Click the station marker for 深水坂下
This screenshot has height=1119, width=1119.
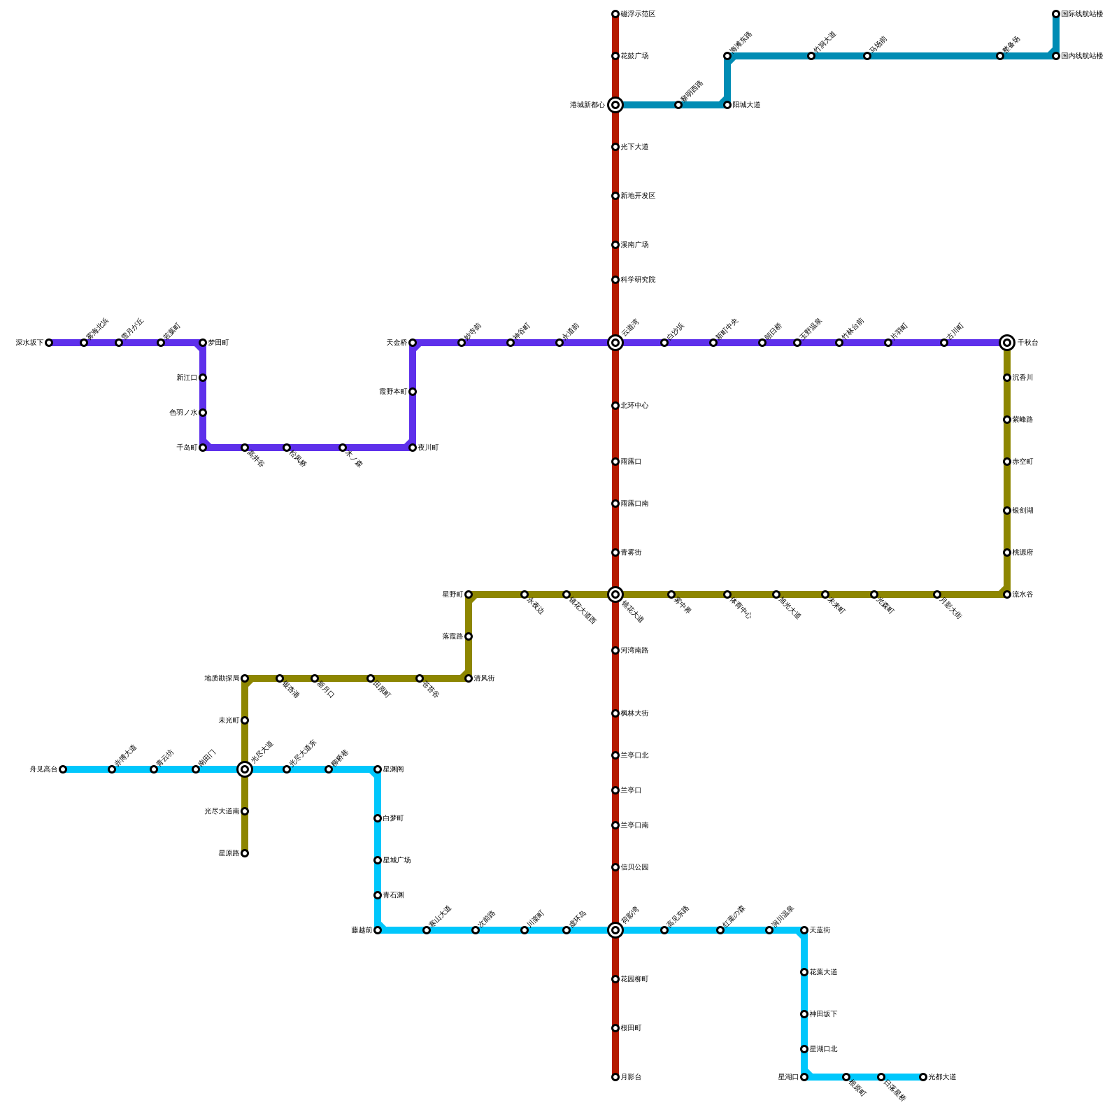click(49, 343)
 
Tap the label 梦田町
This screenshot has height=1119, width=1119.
click(218, 343)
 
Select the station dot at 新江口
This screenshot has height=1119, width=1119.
click(203, 378)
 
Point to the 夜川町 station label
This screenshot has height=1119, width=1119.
click(428, 448)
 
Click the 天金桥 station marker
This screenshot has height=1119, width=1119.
click(413, 343)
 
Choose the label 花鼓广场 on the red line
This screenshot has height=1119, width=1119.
click(634, 56)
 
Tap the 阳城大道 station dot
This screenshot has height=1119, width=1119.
click(727, 105)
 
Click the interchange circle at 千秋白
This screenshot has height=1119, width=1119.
click(1007, 343)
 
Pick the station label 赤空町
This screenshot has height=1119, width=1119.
click(1022, 462)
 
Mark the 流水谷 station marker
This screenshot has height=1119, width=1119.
click(1007, 594)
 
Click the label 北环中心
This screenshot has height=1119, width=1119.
click(634, 406)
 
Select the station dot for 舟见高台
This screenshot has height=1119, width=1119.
click(63, 769)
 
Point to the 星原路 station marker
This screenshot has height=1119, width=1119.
click(245, 853)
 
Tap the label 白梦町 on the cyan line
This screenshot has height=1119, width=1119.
click(393, 818)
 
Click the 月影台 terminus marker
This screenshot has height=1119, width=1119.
click(615, 1077)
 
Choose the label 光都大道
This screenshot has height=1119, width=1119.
click(942, 1077)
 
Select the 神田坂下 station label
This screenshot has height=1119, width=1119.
click(823, 1014)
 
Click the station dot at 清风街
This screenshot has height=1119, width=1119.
click(469, 678)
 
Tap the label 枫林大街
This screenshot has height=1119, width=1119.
click(634, 713)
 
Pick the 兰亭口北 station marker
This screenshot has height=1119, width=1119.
click(615, 755)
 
